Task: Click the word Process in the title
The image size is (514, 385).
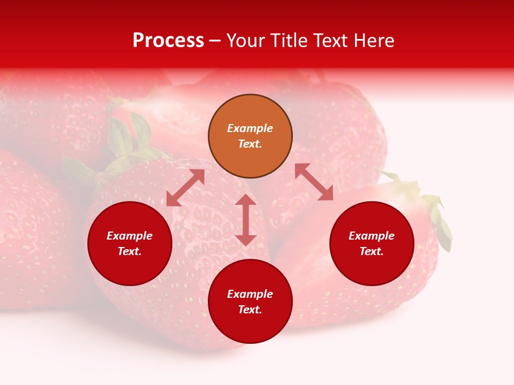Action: [x=168, y=41]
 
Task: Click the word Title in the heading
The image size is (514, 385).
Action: [x=287, y=41]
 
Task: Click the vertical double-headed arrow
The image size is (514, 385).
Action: [x=246, y=220]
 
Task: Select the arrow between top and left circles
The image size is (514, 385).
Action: [x=185, y=188]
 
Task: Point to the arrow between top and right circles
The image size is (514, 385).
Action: [x=314, y=182]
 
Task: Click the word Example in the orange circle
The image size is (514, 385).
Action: [x=250, y=128]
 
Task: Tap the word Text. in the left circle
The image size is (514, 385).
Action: [x=130, y=251]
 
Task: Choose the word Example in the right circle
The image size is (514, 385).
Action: [x=372, y=236]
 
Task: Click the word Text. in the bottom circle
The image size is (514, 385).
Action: [x=250, y=310]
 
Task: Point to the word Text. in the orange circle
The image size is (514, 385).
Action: [x=250, y=144]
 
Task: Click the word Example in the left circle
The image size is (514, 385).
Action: [x=130, y=236]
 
